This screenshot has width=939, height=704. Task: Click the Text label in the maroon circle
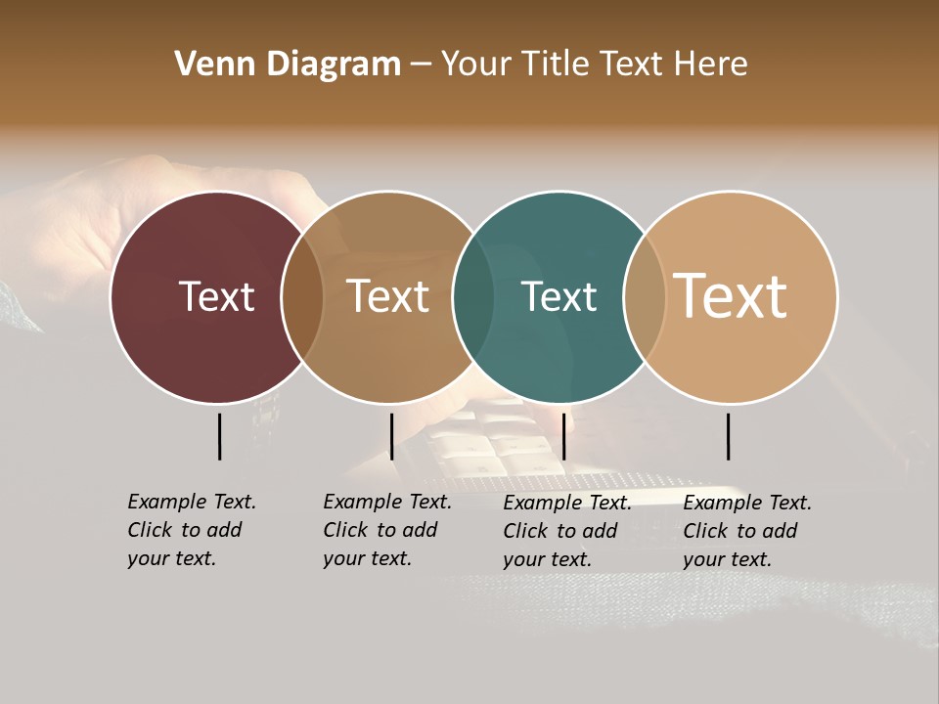tap(216, 296)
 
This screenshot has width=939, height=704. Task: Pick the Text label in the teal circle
tap(559, 296)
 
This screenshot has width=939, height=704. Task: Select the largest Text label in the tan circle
tap(731, 295)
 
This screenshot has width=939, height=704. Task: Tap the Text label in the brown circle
tap(387, 296)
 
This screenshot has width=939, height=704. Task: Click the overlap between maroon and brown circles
tap(302, 297)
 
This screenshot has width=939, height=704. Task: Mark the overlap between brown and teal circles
tap(472, 297)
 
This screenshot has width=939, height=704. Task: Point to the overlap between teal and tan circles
tap(644, 297)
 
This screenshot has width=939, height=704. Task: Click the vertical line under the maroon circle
tap(219, 436)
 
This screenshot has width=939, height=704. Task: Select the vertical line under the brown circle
tap(391, 436)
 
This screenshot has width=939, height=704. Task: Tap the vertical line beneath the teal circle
tap(564, 436)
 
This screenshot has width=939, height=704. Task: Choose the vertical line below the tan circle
tap(729, 436)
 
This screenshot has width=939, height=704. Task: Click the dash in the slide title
tap(421, 66)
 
